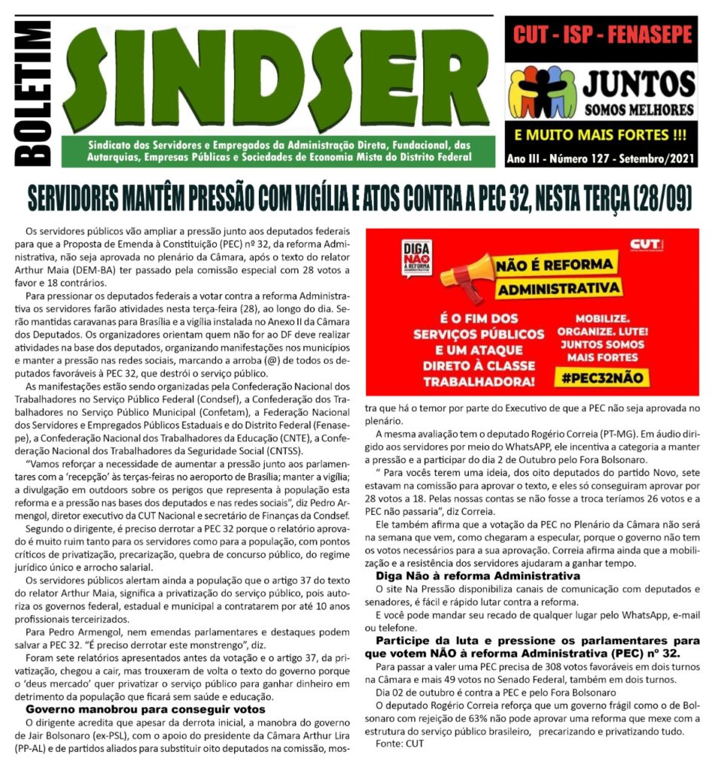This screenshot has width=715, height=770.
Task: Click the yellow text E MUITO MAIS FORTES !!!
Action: (600, 137)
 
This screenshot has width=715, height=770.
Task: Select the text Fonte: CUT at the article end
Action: (399, 743)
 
